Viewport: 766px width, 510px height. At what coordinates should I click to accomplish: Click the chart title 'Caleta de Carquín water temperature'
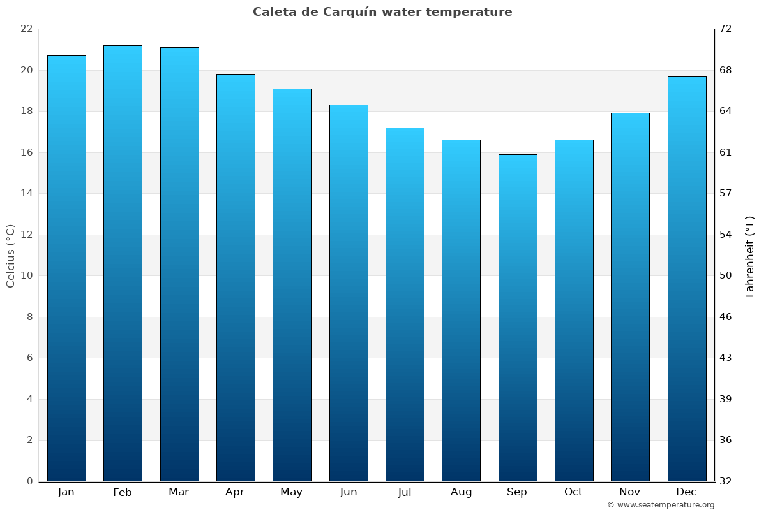pos(382,12)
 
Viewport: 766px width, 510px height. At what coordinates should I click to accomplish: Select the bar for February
pos(123,263)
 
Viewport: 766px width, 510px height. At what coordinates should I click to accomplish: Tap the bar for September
pos(518,317)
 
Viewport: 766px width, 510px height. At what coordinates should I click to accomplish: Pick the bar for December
pos(687,279)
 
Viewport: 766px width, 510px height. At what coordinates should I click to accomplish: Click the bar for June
pos(349,293)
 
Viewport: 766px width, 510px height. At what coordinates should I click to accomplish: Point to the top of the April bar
pos(236,75)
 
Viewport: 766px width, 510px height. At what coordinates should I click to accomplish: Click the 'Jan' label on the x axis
pos(66,492)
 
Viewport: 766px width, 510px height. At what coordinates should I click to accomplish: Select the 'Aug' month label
pos(461,492)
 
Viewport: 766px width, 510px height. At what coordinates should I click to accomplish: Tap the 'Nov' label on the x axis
pos(630,492)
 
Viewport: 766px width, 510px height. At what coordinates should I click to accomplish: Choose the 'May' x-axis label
pos(292,492)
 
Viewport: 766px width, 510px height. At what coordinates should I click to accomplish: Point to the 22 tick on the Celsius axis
pos(26,29)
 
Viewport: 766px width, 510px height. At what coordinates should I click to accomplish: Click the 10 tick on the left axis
pos(26,276)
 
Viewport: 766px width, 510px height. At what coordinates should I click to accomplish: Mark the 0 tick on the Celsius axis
pos(29,481)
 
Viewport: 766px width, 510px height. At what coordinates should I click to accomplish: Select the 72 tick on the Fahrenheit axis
pos(726,29)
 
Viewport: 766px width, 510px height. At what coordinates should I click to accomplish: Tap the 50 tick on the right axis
pos(726,276)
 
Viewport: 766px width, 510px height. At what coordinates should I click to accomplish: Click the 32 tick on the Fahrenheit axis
pos(726,481)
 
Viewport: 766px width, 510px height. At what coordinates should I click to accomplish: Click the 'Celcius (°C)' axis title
pos(10,256)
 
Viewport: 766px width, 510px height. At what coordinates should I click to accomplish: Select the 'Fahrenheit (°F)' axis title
pos(749,256)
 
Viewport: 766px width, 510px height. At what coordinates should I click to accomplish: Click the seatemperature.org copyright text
pos(661,505)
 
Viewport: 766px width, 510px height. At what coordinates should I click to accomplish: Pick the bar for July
pos(405,305)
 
